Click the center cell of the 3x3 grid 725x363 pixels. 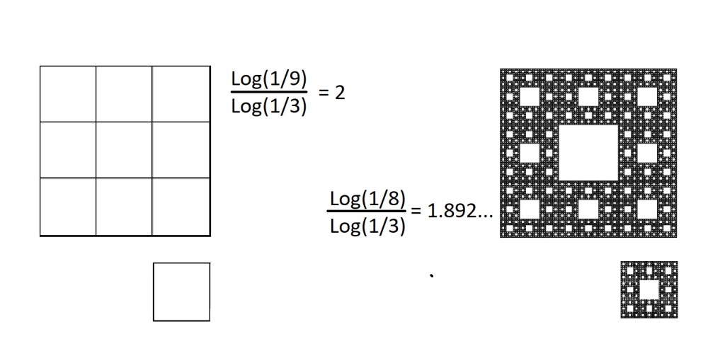[124, 150]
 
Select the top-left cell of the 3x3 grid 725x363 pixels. [68, 94]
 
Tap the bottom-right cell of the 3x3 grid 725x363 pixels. [181, 207]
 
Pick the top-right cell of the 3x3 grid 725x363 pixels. [181, 94]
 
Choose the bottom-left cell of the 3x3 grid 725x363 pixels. [68, 207]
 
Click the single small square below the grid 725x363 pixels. [181, 292]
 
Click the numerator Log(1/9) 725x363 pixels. [269, 79]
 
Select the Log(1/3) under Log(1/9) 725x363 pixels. [269, 107]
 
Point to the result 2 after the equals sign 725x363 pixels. [340, 93]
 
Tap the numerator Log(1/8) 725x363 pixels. [367, 199]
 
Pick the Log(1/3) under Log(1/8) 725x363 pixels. [367, 226]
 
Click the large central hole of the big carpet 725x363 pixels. [588, 152]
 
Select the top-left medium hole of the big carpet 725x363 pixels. [530, 96]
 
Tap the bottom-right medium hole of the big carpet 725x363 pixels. [647, 209]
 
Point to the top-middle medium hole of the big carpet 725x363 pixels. [588, 96]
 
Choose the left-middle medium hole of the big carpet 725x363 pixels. [530, 152]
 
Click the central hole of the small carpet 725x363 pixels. [649, 289]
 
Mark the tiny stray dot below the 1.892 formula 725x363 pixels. [431, 275]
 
